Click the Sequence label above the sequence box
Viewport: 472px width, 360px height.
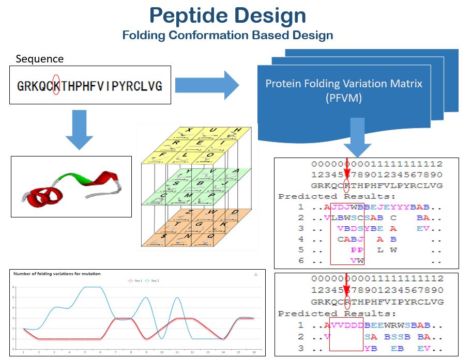[40, 59]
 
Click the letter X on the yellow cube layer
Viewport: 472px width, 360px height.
[190, 130]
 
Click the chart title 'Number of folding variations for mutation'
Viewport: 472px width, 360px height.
[57, 274]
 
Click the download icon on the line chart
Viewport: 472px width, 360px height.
[255, 274]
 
